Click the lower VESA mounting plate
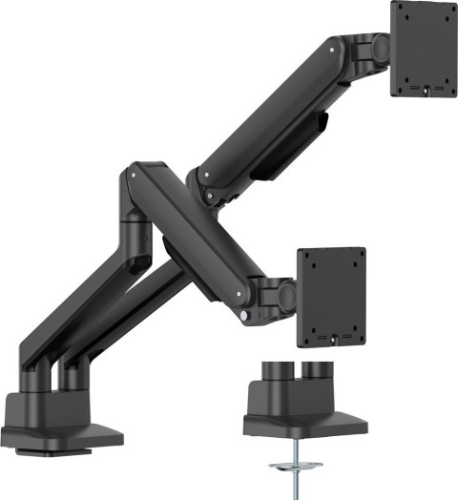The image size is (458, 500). pos(331,298)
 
